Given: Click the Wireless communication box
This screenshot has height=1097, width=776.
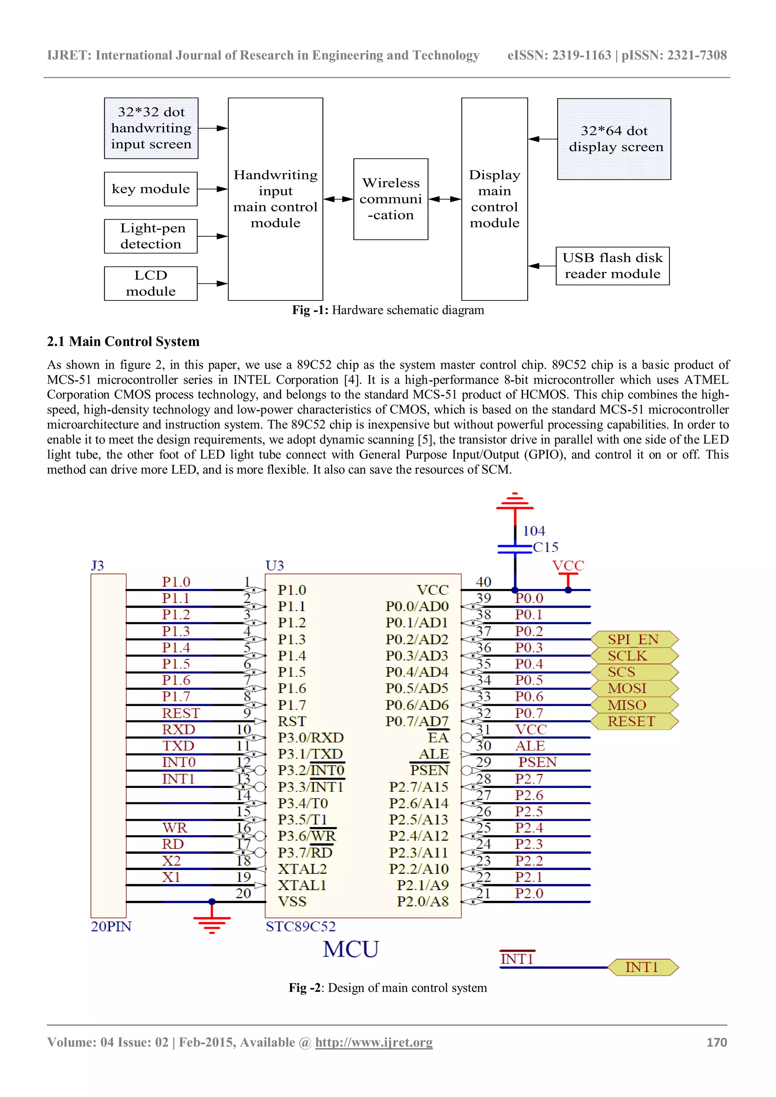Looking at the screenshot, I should [390, 199].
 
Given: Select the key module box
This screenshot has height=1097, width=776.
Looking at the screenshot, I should [150, 189].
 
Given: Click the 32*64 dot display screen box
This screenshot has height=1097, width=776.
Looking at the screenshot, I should [614, 139].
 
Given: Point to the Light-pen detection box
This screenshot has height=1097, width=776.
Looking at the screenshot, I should [150, 236].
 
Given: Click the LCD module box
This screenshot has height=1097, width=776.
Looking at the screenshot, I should [150, 283].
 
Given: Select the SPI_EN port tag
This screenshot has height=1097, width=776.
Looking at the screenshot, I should [634, 639].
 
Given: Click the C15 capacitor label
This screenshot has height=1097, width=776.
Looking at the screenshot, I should [545, 547].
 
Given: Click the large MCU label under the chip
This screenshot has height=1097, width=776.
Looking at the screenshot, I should [351, 949].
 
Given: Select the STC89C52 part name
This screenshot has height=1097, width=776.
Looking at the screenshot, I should [300, 927].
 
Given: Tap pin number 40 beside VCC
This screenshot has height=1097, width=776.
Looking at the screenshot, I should [483, 582].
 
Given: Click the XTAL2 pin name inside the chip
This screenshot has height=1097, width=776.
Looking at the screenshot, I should [302, 869].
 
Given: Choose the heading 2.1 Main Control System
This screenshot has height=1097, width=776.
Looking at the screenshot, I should [123, 342].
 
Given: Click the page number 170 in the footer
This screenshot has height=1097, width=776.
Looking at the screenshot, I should [716, 1042].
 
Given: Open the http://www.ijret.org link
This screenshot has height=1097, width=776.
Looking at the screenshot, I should [374, 1042].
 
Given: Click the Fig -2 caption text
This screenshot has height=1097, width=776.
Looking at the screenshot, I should [388, 988].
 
